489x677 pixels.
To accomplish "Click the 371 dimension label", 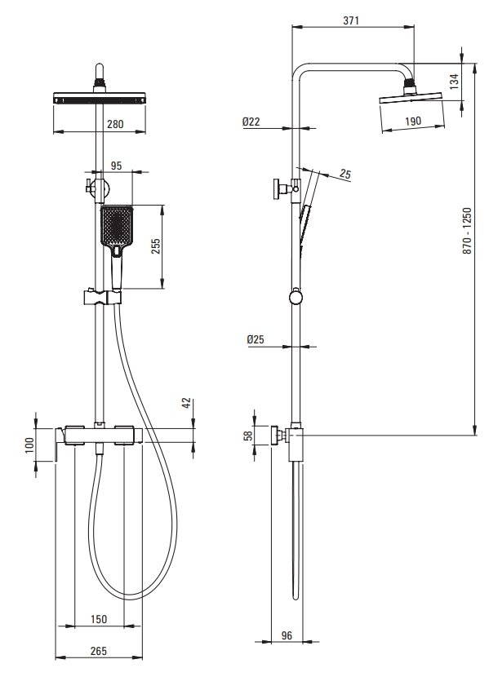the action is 351,20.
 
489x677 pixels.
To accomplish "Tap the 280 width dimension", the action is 115,124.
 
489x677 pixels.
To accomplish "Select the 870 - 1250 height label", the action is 468,231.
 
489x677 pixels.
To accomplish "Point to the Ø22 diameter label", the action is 251,122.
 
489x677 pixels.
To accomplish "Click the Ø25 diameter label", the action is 256,340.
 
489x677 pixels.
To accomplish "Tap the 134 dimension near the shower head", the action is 454,82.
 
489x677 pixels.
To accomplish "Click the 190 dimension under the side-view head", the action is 413,122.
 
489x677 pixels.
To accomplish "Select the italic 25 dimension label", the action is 345,175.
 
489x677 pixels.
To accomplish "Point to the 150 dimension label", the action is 99,619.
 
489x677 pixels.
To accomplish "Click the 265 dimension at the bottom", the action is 99,651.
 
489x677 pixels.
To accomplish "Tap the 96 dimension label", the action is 287,635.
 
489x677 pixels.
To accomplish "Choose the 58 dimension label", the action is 248,436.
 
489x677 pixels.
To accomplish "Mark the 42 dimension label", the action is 186,403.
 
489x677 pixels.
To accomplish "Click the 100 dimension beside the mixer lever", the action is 29,445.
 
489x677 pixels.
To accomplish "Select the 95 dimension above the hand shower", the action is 116,166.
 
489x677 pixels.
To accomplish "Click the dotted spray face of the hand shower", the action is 116,225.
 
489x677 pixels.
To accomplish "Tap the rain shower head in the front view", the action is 100,98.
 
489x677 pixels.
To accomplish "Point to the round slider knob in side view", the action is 296,299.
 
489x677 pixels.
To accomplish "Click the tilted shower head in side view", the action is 411,98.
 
